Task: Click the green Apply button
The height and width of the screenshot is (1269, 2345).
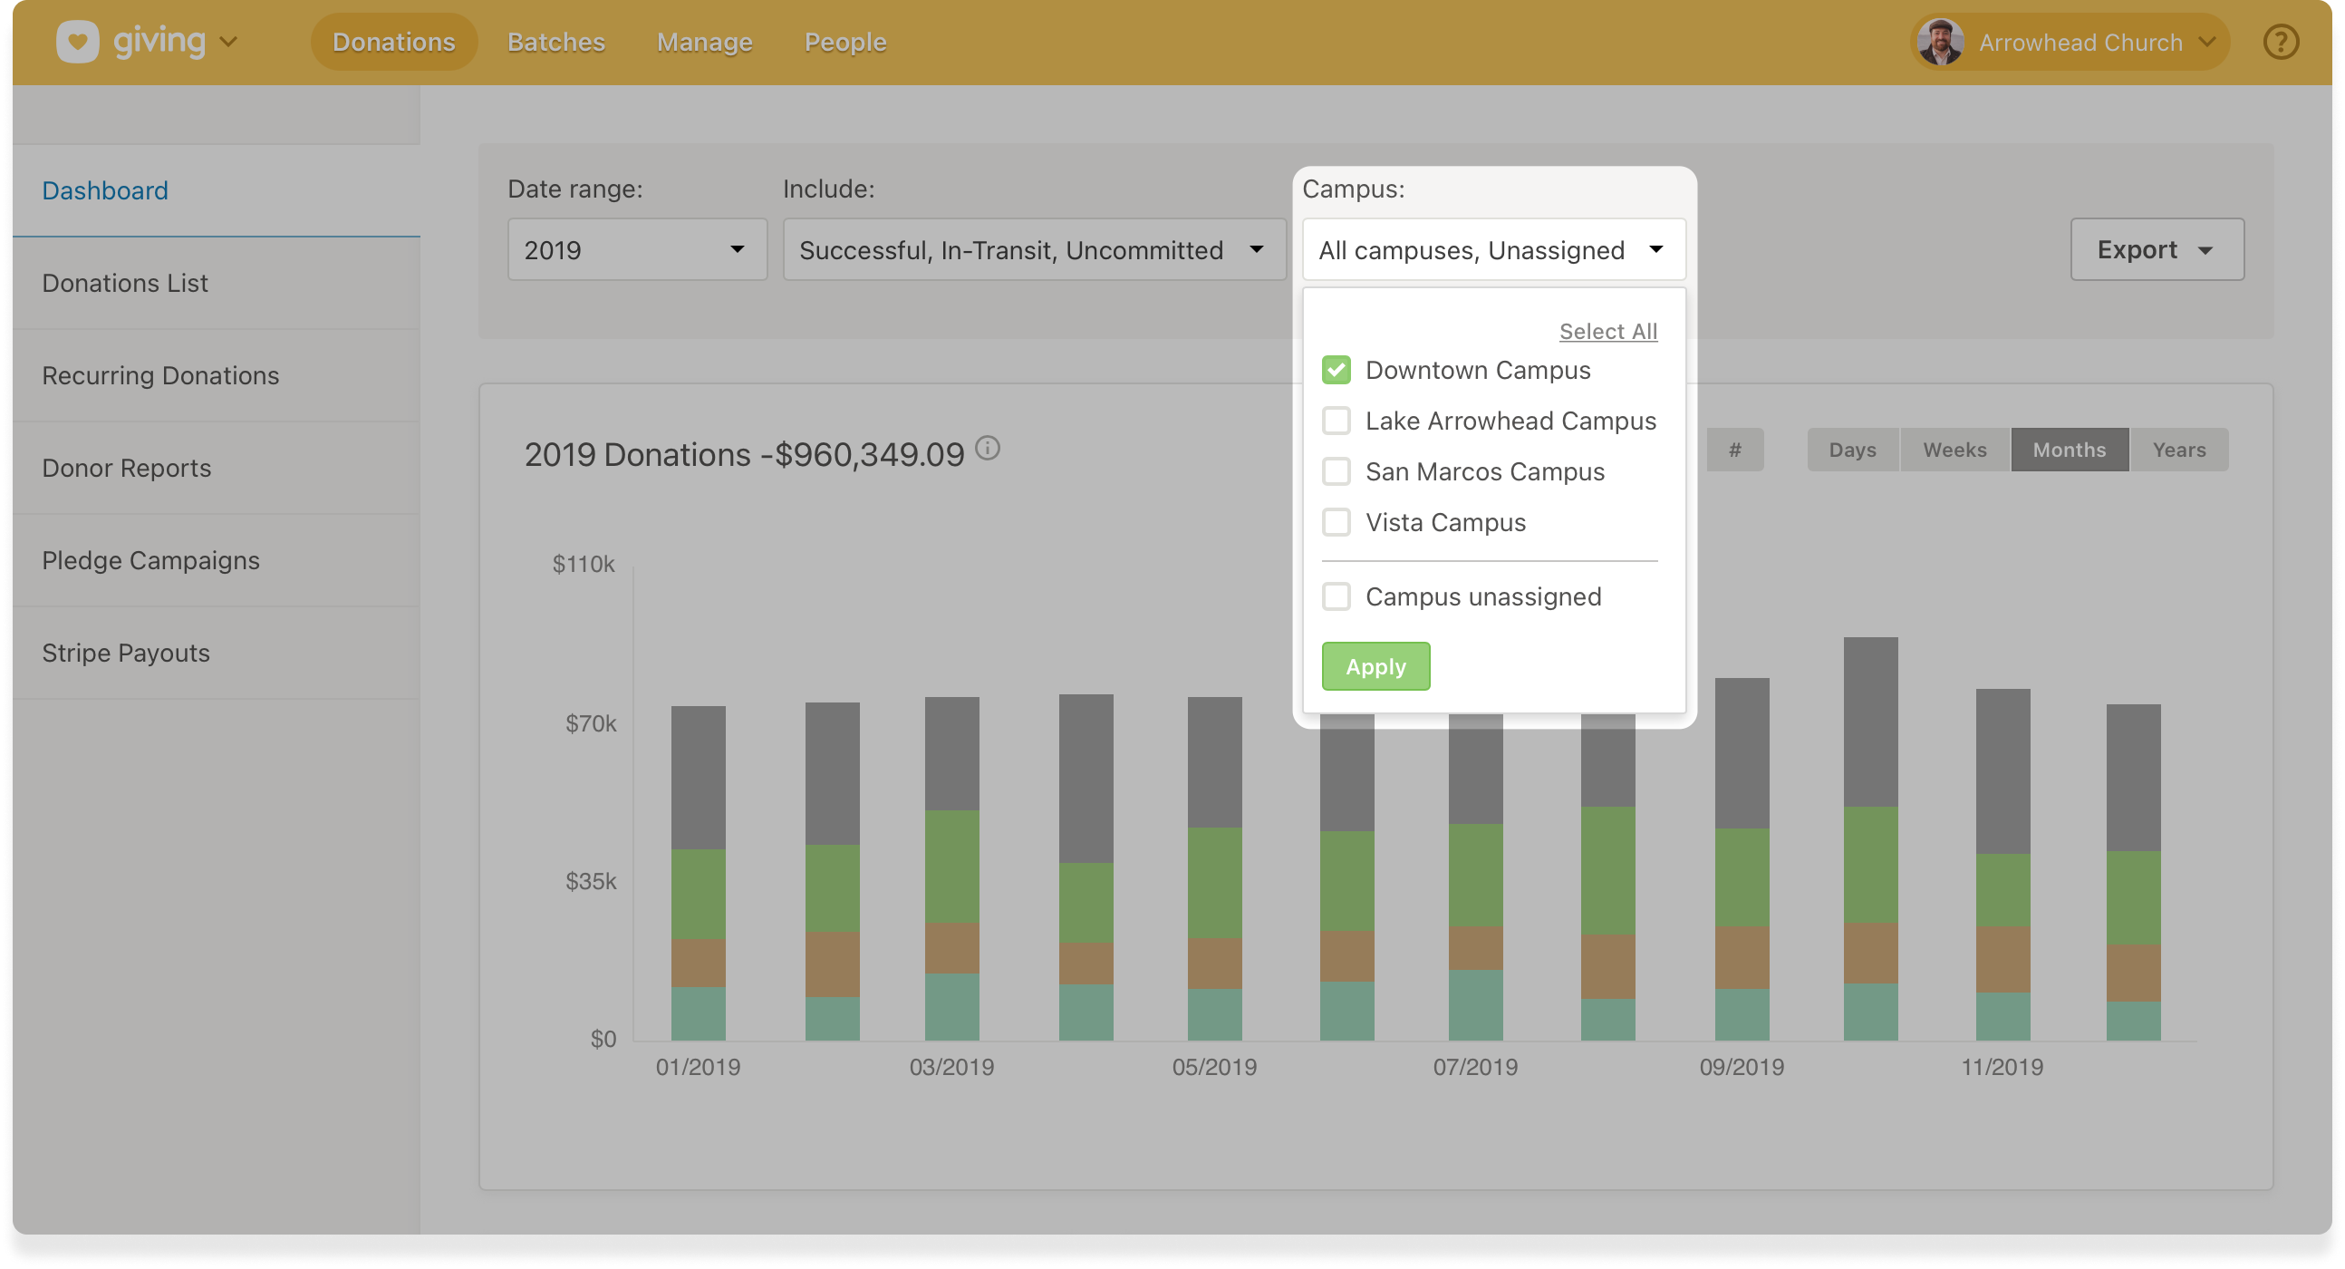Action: (1375, 666)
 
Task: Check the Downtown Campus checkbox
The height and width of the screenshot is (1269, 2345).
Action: (1336, 370)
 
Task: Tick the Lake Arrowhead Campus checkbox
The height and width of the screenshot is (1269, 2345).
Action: (1336, 421)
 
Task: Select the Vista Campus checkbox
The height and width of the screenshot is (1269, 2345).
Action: (1336, 522)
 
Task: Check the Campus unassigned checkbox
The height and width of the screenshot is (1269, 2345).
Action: (1336, 597)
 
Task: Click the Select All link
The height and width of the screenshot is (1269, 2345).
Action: (1607, 332)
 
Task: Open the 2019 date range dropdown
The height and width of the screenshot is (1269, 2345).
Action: (636, 249)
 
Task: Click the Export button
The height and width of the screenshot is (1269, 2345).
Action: (2156, 249)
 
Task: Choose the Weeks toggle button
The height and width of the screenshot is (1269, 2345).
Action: (1954, 450)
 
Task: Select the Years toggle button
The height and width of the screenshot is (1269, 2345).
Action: (2178, 450)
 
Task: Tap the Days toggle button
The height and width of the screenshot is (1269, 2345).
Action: (1852, 450)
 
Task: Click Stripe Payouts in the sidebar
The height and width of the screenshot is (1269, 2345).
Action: (126, 653)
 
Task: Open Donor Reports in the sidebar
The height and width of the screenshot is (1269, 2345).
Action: (127, 468)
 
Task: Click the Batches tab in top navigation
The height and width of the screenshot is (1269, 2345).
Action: (555, 42)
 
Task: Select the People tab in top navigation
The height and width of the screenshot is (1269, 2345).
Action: (844, 42)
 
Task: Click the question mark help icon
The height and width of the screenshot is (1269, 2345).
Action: (2281, 42)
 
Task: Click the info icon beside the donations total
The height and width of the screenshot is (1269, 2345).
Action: (988, 448)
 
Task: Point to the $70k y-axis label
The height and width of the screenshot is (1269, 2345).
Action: (590, 723)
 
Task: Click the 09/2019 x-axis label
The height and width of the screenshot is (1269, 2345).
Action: (1741, 1067)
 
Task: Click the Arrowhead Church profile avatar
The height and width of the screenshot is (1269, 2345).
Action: (1940, 42)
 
